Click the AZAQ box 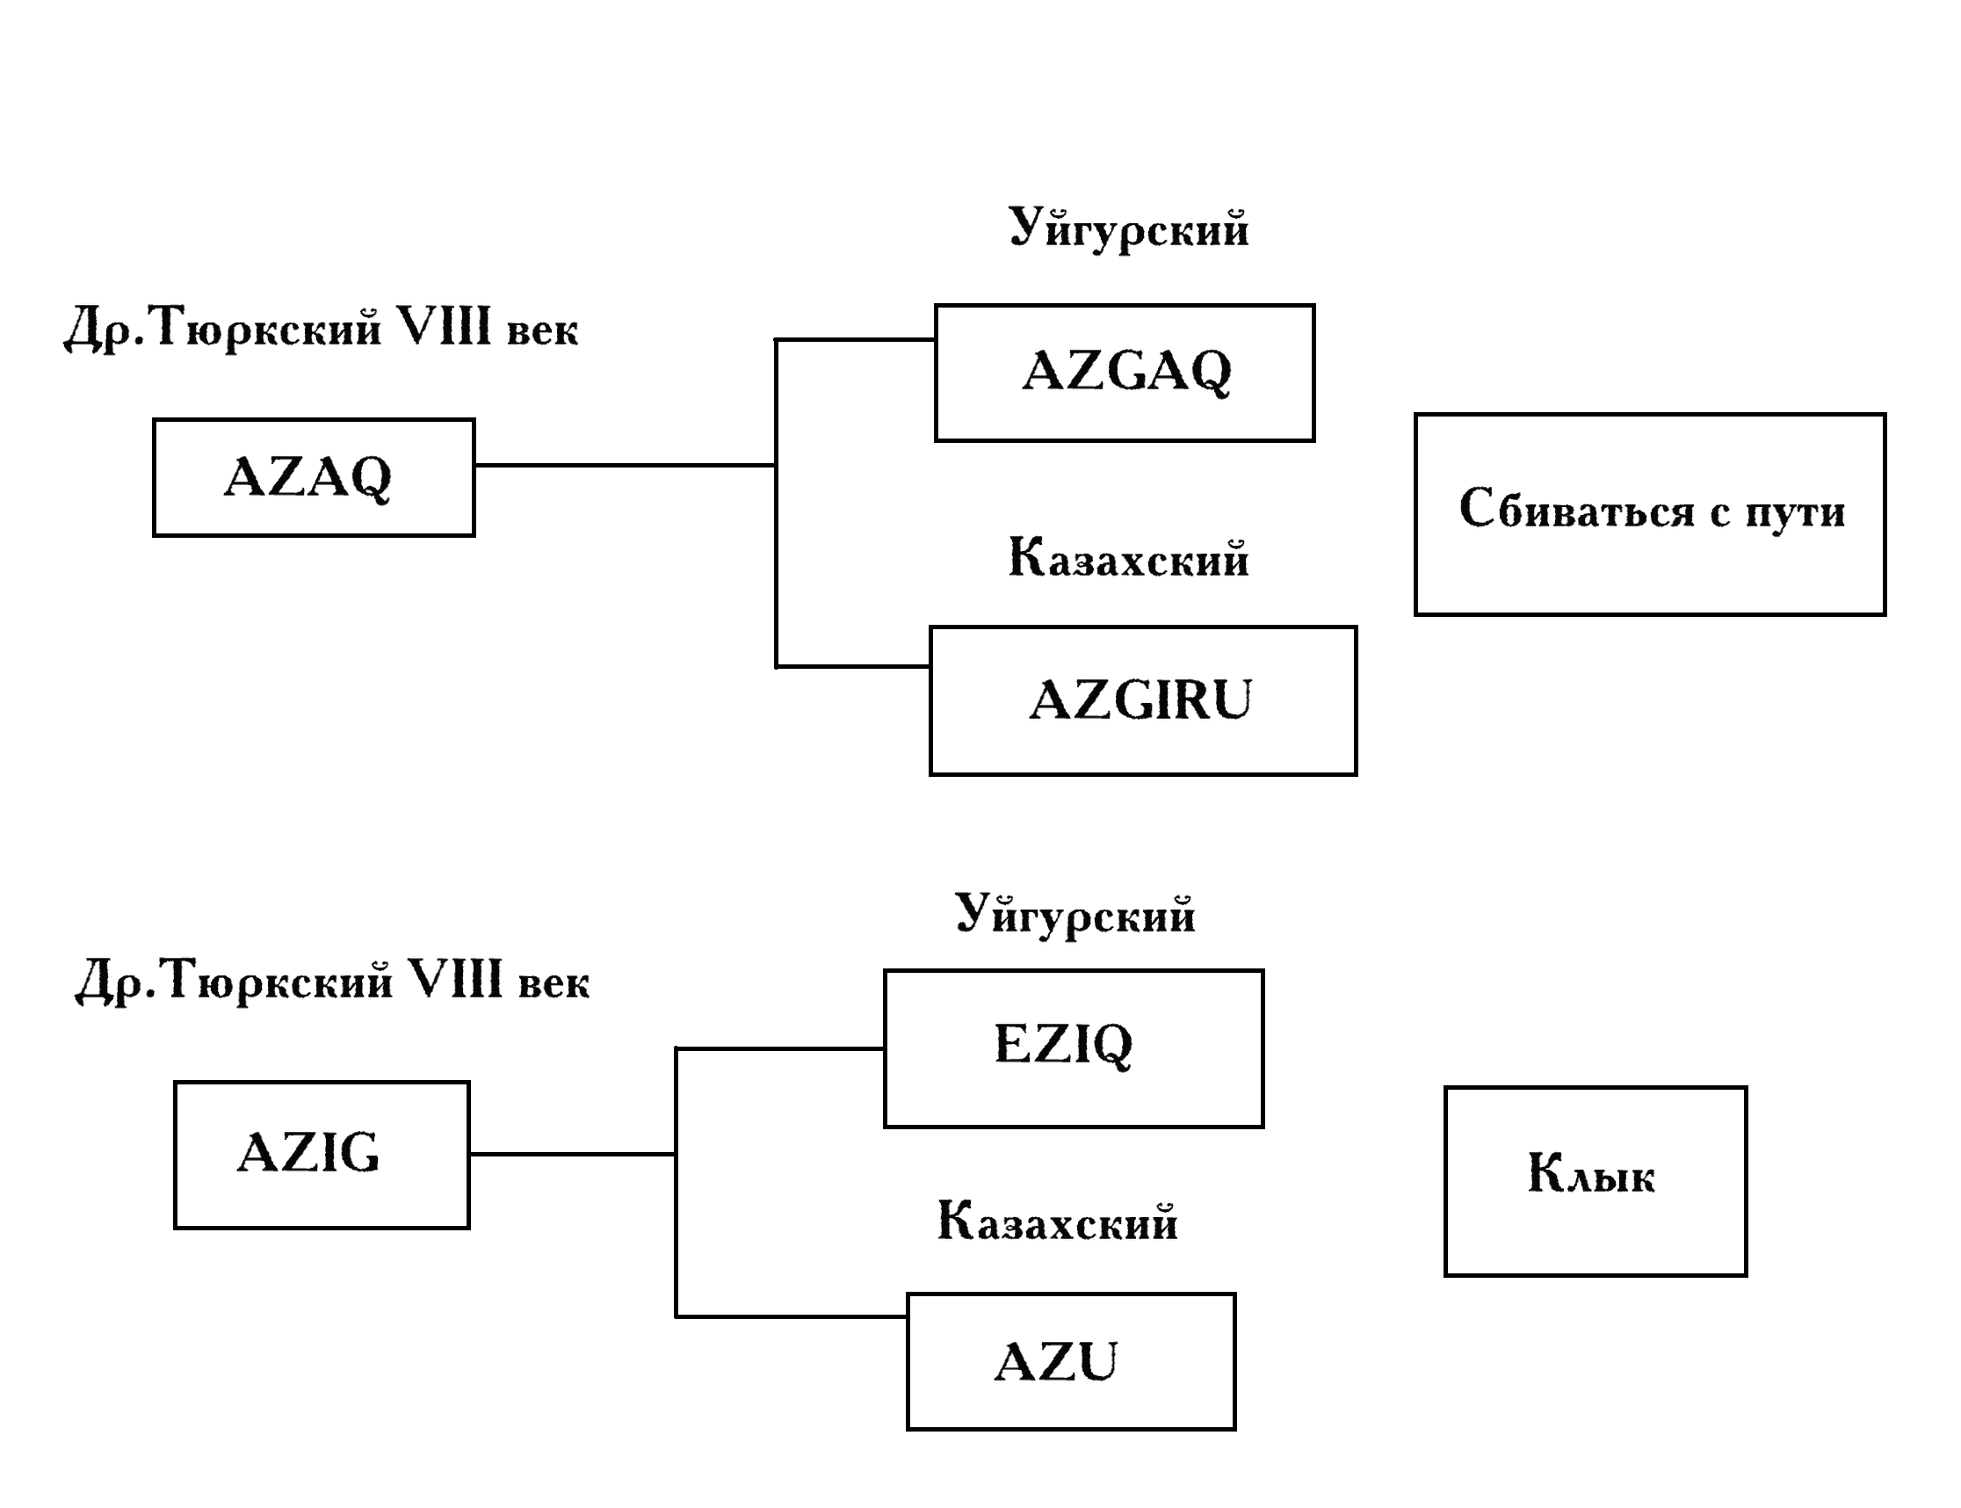(x=314, y=476)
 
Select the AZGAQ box (x=1124, y=373)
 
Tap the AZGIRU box (x=1141, y=700)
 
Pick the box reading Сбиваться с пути (x=1649, y=514)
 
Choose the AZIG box (x=322, y=1155)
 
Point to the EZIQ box (x=1073, y=1048)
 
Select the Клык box (x=1594, y=1181)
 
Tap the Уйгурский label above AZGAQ (x=1127, y=228)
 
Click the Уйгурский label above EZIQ (x=1075, y=915)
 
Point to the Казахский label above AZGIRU (x=1127, y=557)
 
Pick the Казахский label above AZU (x=1056, y=1221)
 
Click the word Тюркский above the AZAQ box (x=267, y=328)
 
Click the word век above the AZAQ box (x=542, y=330)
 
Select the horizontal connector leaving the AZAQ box (x=624, y=465)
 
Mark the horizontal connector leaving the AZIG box (x=572, y=1154)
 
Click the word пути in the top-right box (x=1794, y=511)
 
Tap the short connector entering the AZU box (x=790, y=1316)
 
